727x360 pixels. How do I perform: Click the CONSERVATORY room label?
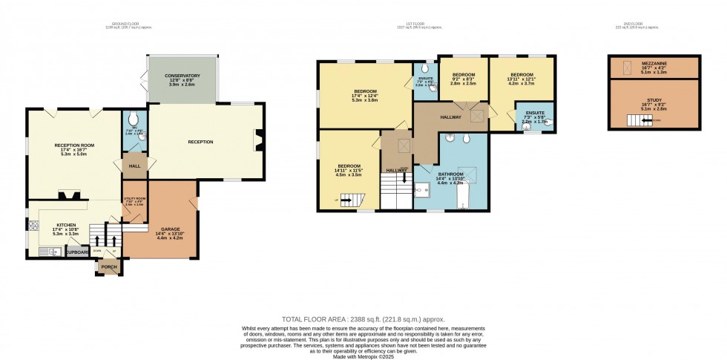(x=183, y=76)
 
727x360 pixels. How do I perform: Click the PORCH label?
(x=109, y=266)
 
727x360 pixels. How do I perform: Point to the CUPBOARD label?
(x=79, y=252)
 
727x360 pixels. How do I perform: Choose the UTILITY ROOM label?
(x=135, y=200)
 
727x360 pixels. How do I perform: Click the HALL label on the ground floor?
(x=135, y=166)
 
